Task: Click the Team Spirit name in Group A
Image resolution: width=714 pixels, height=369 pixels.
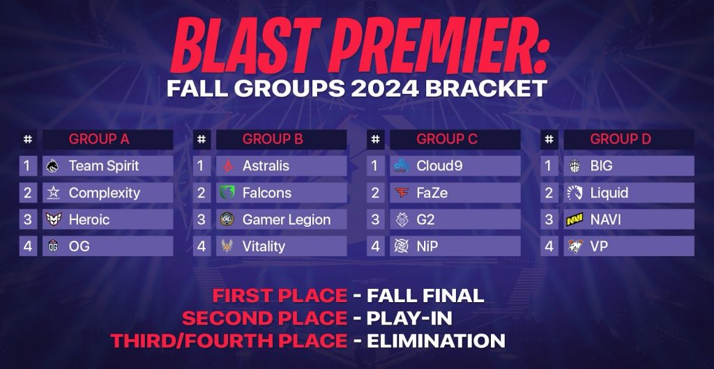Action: coord(104,166)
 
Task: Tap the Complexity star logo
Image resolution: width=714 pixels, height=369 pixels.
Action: coord(53,193)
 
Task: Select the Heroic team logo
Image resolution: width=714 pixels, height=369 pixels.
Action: coord(53,219)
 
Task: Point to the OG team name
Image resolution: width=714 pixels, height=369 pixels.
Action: coord(79,246)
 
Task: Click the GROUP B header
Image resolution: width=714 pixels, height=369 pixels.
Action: coord(273,139)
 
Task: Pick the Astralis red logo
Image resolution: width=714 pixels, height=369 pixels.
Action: coord(227,166)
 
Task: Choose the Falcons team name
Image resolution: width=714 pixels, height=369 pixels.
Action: coord(267,193)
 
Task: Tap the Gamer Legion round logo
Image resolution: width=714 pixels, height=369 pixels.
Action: coord(227,219)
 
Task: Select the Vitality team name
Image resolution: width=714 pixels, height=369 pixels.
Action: coord(264,246)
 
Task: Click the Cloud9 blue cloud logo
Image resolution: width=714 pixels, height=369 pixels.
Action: coord(402,166)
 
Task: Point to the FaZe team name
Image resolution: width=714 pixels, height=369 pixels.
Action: coord(432,193)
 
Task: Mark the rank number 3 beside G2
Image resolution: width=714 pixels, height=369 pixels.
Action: coord(375,219)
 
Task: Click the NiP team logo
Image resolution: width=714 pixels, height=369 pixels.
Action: coord(401,246)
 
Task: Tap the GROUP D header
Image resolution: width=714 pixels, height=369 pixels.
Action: coord(621,139)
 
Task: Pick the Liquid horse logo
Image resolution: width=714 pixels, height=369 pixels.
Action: coord(575,193)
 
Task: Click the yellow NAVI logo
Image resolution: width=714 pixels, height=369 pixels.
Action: coord(575,220)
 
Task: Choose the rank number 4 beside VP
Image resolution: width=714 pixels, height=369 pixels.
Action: coord(549,246)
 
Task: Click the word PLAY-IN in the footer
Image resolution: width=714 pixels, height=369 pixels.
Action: coord(409,318)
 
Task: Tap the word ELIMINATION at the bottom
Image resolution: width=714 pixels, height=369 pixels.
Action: coord(436,341)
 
